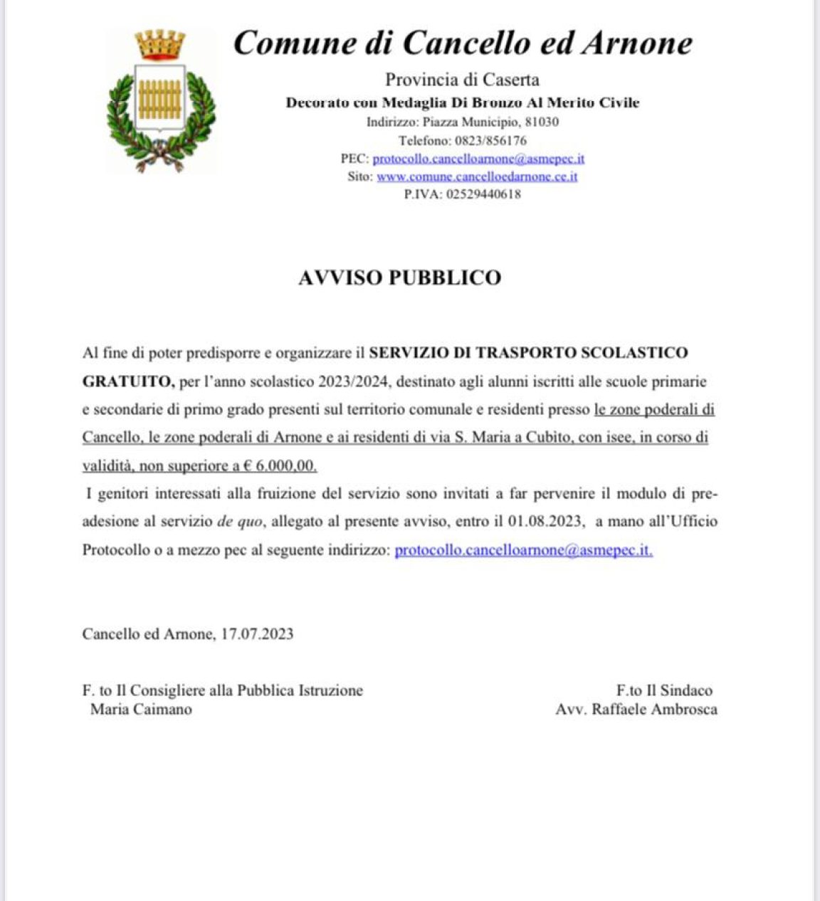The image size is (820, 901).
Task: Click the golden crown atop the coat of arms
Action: [x=160, y=45]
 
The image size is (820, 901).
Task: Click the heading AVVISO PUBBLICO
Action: [x=399, y=278]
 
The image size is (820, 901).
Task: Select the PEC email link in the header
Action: [x=478, y=159]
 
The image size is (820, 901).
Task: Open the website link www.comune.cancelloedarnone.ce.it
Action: [x=477, y=176]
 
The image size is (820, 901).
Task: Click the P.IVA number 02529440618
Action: [x=483, y=194]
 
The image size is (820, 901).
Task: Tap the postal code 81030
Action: [x=542, y=122]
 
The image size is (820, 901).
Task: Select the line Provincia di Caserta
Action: [x=462, y=80]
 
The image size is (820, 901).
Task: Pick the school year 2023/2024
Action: [x=354, y=381]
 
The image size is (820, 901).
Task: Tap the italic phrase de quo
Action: [x=240, y=521]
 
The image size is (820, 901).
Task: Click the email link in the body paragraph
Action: [x=523, y=550]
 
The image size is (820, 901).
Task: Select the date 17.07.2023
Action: [x=257, y=633]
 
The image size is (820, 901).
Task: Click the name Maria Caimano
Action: [x=141, y=709]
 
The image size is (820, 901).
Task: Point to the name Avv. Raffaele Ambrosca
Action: [x=636, y=709]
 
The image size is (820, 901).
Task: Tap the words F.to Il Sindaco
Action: [x=664, y=690]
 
